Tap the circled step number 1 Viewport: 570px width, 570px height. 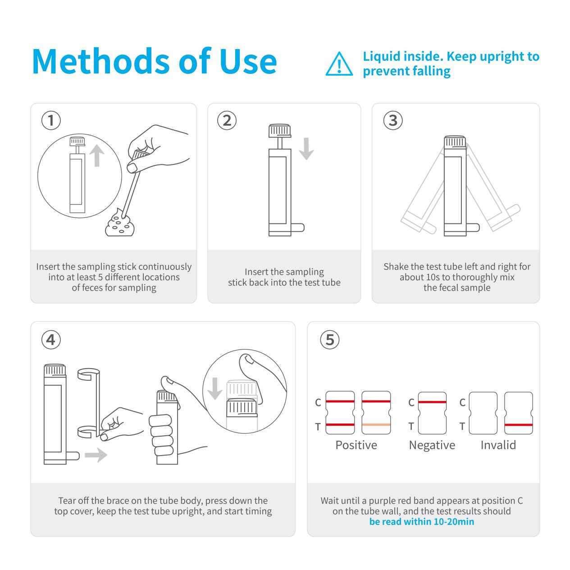[x=51, y=120]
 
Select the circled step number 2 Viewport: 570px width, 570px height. [x=227, y=120]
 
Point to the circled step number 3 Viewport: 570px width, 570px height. [x=392, y=120]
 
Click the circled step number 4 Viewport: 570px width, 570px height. [x=51, y=339]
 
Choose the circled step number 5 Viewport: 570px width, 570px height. [x=330, y=339]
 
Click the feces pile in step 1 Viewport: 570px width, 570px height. [x=119, y=224]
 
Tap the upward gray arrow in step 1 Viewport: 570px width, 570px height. [x=96, y=155]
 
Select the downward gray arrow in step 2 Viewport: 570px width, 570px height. [x=306, y=149]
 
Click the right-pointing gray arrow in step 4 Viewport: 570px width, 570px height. [x=96, y=455]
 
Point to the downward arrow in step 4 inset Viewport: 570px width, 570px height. [x=214, y=388]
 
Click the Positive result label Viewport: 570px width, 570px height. [x=356, y=445]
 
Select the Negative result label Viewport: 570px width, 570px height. [x=432, y=445]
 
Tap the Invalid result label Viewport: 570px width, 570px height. [x=498, y=445]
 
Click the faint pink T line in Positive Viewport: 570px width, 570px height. [x=376, y=425]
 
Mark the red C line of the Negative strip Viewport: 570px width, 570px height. [x=432, y=402]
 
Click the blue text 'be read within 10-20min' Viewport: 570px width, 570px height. [x=421, y=522]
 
